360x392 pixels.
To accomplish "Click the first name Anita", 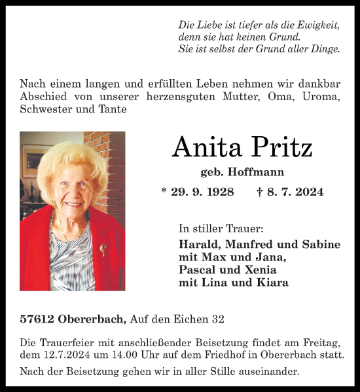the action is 206,148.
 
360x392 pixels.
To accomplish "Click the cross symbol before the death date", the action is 260,192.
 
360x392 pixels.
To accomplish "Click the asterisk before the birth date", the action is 164,191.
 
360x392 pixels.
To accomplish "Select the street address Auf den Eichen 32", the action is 177,319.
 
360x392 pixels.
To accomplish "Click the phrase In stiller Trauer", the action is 221,228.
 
